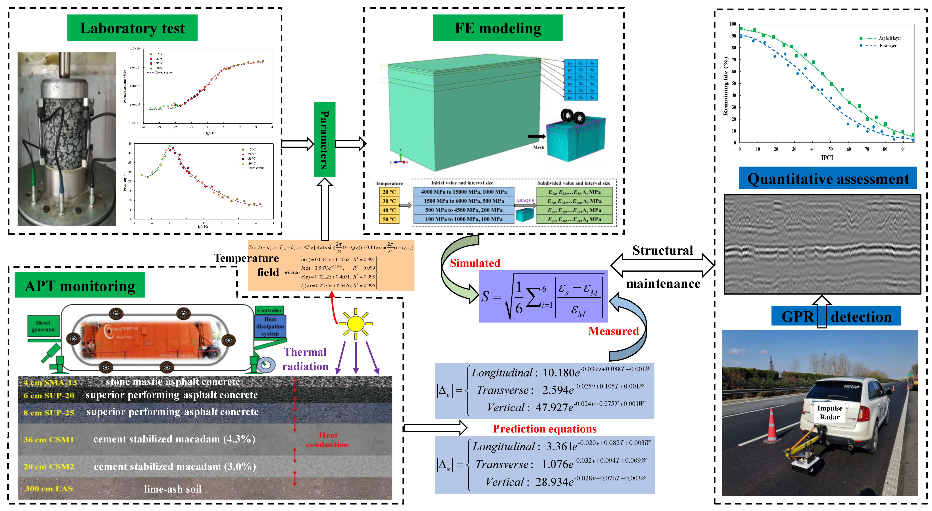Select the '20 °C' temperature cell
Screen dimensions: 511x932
click(389, 192)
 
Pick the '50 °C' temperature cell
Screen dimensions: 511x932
click(389, 219)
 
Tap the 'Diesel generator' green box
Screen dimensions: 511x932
click(43, 326)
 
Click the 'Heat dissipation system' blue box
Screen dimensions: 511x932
click(270, 326)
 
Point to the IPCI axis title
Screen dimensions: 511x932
click(827, 158)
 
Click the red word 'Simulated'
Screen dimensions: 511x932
click(475, 263)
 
